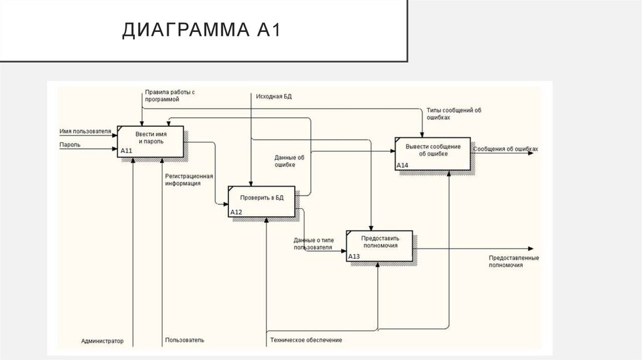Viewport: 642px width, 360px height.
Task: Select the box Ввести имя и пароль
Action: pos(150,142)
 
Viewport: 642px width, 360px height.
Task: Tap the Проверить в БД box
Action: pos(262,201)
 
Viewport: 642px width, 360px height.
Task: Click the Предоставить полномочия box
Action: pos(380,245)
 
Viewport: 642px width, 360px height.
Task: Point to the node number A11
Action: pos(126,151)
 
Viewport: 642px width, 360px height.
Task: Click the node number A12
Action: pos(236,212)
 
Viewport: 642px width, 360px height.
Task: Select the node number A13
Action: pos(354,256)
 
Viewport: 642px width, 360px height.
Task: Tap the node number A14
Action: pos(403,166)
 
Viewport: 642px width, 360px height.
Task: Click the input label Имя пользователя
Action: pos(85,132)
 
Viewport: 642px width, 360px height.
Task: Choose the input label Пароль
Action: pos(70,144)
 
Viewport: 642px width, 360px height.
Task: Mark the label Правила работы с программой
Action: pos(169,95)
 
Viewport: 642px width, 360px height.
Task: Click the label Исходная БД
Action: pos(274,96)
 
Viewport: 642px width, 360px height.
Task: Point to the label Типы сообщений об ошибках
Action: pos(453,114)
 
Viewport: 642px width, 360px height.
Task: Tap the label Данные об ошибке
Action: pos(289,161)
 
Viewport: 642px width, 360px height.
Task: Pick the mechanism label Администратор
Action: pos(102,341)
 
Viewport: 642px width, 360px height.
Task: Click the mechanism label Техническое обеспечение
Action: pos(306,340)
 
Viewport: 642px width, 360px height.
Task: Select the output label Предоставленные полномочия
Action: pos(513,262)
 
